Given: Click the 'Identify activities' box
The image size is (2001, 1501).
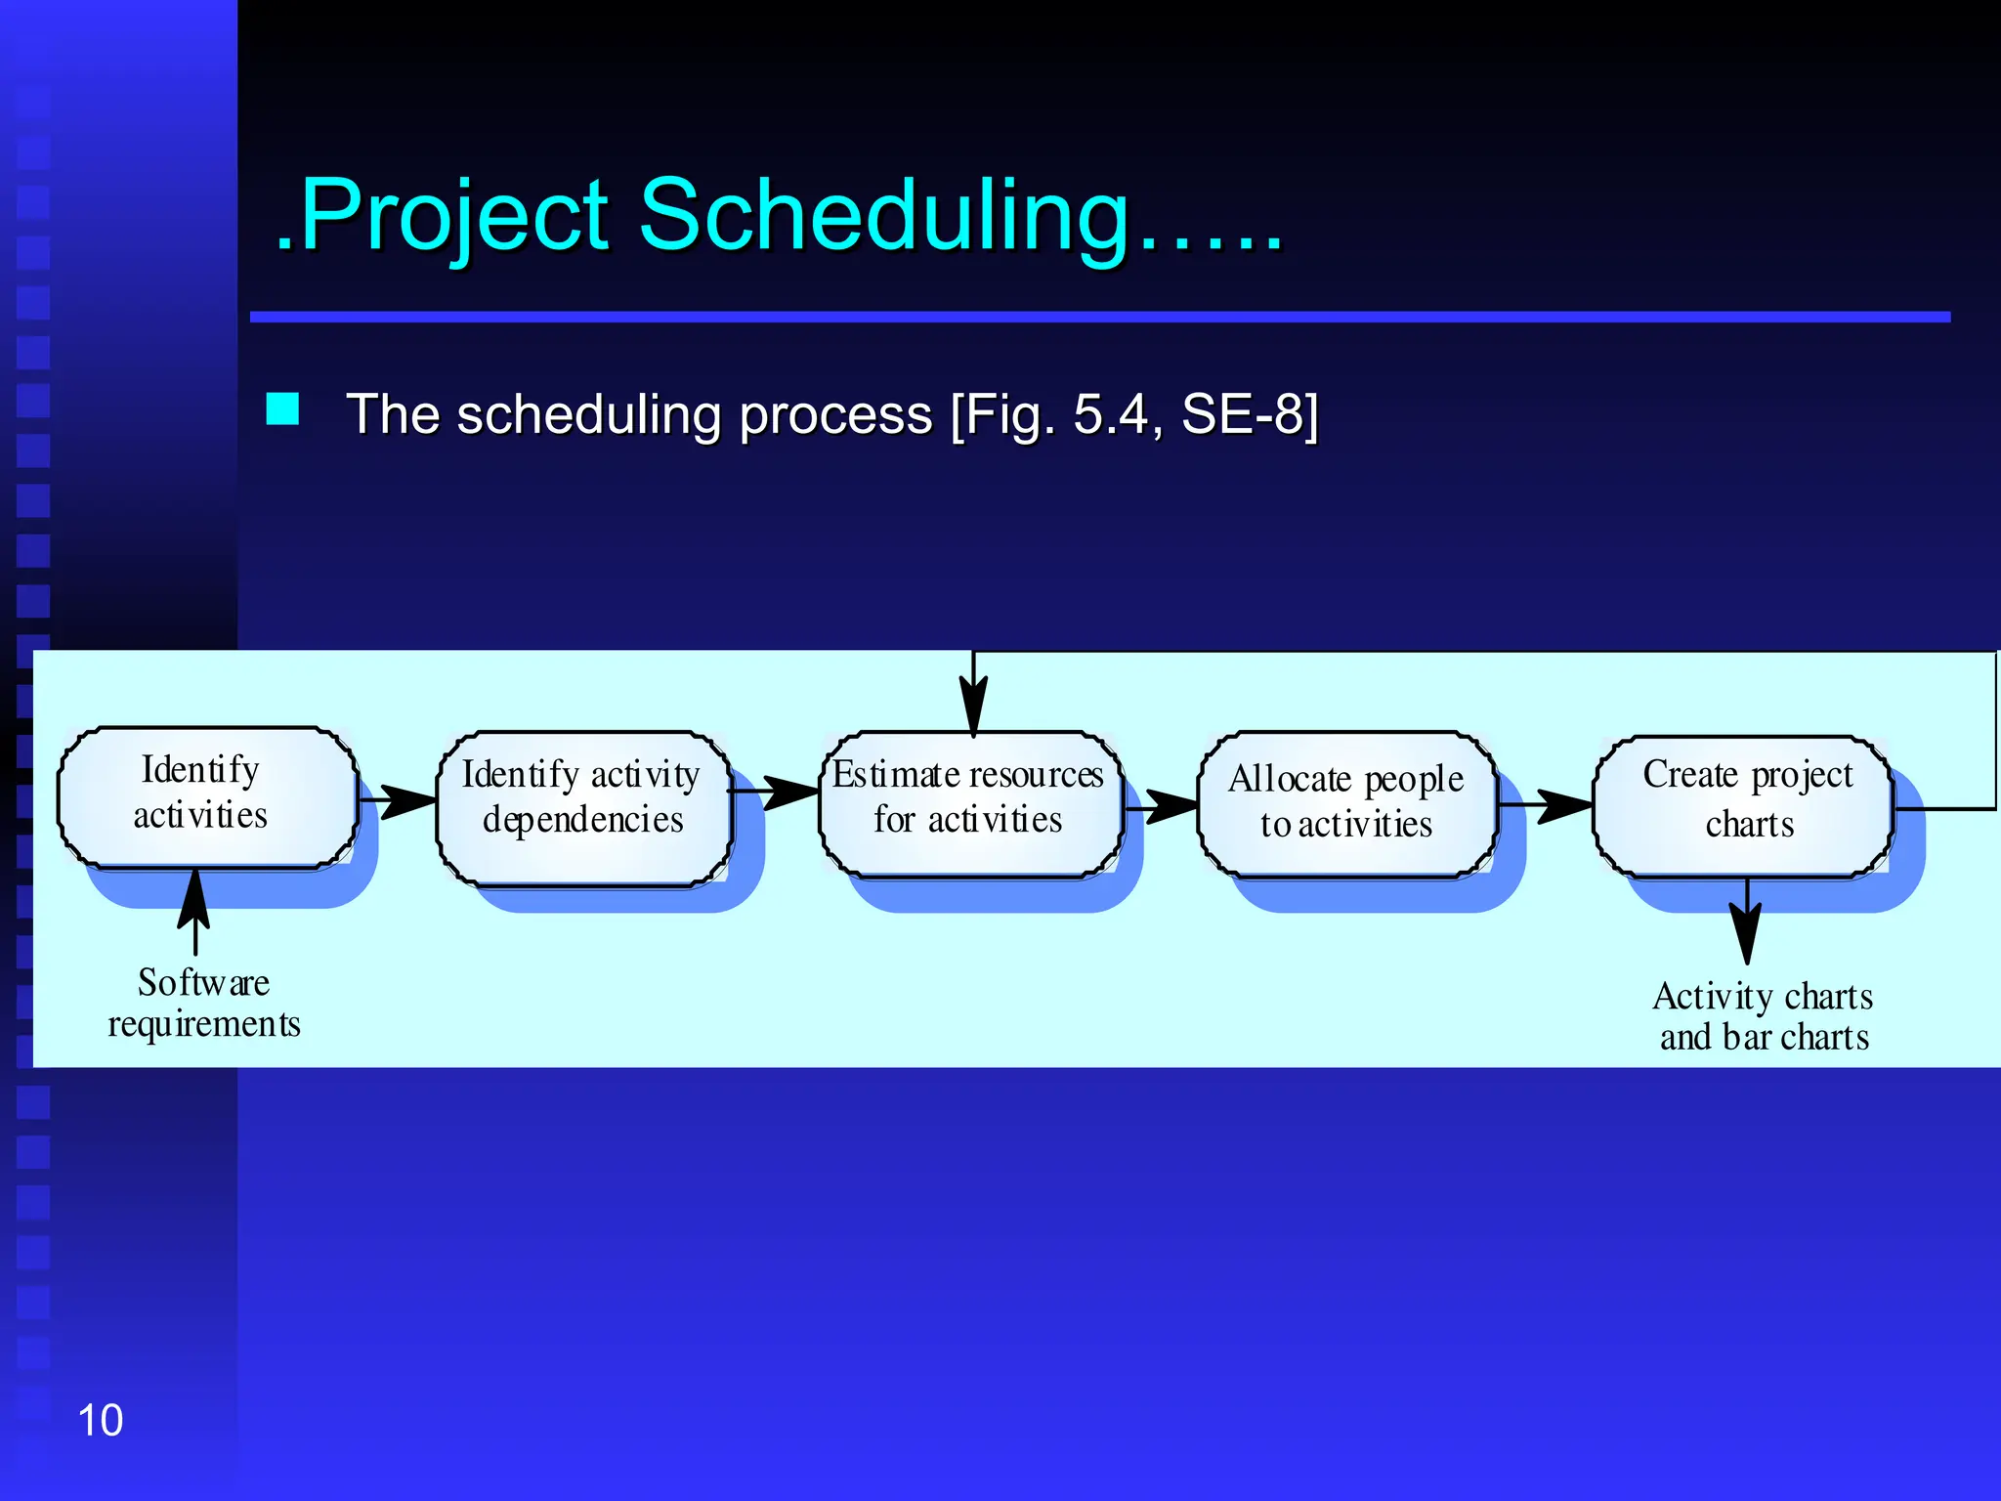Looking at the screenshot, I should tap(207, 796).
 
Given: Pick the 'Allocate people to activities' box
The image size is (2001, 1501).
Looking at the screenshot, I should tap(1346, 803).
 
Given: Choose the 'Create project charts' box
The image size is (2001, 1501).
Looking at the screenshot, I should tap(1744, 804).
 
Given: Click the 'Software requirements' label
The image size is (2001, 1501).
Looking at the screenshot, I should tap(203, 1004).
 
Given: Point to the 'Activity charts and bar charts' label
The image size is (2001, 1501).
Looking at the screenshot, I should tap(1764, 1016).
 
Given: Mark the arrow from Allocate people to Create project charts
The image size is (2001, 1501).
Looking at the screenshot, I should tap(1548, 805).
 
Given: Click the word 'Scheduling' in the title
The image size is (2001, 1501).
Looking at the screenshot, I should tap(884, 215).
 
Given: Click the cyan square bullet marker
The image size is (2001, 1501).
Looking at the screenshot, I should tap(283, 408).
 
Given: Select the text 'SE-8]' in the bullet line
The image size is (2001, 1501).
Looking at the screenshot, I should tap(1250, 414).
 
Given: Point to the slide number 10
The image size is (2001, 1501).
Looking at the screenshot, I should tap(100, 1420).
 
